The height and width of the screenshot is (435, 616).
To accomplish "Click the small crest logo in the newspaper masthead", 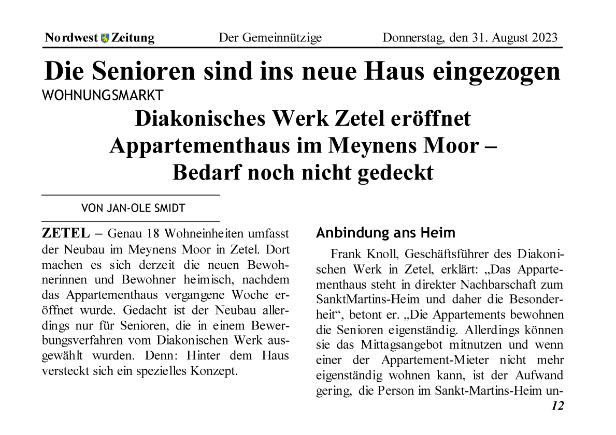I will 105,38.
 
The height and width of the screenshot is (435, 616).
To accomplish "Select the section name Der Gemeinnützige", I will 270,38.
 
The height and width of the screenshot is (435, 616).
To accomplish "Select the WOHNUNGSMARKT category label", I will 102,95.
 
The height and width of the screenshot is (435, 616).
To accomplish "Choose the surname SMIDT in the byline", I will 170,208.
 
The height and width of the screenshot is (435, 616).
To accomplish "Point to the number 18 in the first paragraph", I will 153,234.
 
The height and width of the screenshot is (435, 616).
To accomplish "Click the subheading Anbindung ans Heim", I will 385,233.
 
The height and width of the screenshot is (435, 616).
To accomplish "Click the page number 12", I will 557,406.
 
